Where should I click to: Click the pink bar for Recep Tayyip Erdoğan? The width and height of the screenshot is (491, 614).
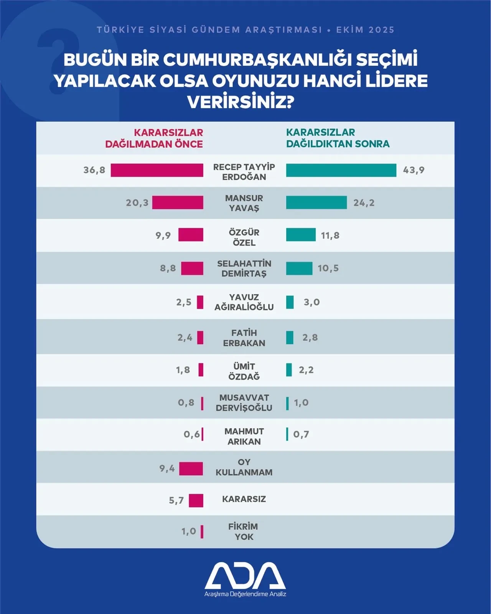coord(157,170)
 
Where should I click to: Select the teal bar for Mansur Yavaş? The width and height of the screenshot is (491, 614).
coord(316,202)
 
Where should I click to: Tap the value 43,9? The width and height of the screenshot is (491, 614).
coord(414,170)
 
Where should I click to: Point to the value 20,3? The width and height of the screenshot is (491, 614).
coord(137,202)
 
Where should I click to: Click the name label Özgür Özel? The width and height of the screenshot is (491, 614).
coord(244,237)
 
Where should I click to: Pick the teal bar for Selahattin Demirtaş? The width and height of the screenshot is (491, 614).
coord(299,268)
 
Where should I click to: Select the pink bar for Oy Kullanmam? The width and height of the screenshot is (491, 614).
coord(191,468)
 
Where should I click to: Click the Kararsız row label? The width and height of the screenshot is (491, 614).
coord(244,499)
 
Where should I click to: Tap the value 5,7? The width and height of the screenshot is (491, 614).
coord(176,500)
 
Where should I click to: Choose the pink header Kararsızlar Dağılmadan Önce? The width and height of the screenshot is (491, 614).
coord(154,138)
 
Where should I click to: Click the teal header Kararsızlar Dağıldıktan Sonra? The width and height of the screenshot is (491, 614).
coord(338,138)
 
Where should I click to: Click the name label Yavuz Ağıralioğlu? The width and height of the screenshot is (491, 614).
coord(244,302)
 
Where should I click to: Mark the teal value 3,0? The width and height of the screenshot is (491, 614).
coord(311,302)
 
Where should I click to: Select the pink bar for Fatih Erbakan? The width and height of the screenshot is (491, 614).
coord(200,337)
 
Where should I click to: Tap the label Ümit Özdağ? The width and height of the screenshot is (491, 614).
coord(244,371)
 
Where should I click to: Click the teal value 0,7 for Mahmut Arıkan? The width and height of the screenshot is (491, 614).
coord(301,434)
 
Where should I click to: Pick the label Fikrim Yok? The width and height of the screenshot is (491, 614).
coord(244,531)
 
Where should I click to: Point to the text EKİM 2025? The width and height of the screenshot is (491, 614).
coord(365,30)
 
